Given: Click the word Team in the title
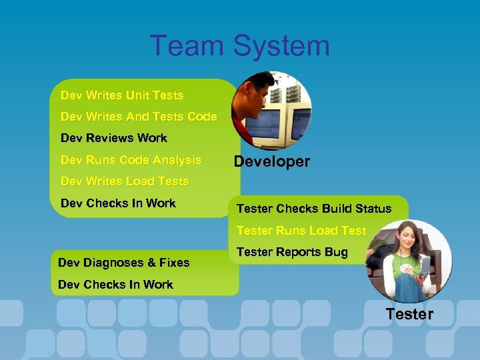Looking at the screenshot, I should click(187, 46).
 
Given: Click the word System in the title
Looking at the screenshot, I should click(281, 46).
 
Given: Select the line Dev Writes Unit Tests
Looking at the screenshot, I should click(121, 95).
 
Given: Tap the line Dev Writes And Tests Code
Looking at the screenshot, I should click(139, 117).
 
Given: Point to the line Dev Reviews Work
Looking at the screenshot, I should click(113, 138).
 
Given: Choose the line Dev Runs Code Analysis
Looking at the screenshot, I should click(131, 160).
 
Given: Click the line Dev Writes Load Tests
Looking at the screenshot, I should click(125, 181).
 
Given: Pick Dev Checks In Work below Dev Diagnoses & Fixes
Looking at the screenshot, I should click(115, 285).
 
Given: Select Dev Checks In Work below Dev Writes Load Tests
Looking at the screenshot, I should click(118, 203).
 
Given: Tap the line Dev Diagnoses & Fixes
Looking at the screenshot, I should click(123, 263).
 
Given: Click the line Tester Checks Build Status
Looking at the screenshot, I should click(314, 209).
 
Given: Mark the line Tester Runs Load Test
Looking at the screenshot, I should click(301, 231).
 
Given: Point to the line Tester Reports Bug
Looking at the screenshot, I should click(292, 252).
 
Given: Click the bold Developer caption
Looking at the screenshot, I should click(271, 162).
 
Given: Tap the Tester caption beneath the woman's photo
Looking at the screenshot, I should click(409, 314).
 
